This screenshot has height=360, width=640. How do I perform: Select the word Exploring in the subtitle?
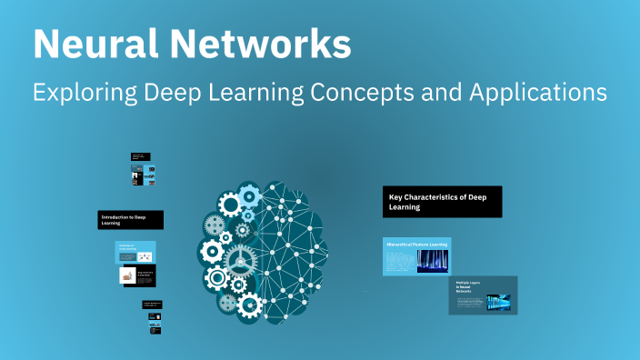pyautogui.click(x=83, y=93)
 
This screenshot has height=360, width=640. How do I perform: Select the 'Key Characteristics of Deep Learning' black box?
pyautogui.click(x=442, y=202)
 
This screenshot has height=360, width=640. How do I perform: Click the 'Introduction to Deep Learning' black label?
pyautogui.click(x=131, y=220)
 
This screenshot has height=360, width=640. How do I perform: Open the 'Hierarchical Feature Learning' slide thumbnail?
pyautogui.click(x=417, y=255)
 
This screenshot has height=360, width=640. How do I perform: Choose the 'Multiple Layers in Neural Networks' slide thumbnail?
pyautogui.click(x=483, y=295)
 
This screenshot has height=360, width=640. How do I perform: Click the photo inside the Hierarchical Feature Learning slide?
pyautogui.click(x=433, y=260)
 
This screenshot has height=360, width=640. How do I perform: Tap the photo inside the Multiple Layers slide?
pyautogui.click(x=497, y=302)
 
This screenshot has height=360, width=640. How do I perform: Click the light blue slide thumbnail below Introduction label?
pyautogui.click(x=136, y=251)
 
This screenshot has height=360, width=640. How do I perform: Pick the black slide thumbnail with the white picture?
pyautogui.click(x=136, y=275)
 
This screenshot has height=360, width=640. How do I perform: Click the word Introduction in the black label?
pyautogui.click(x=115, y=217)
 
